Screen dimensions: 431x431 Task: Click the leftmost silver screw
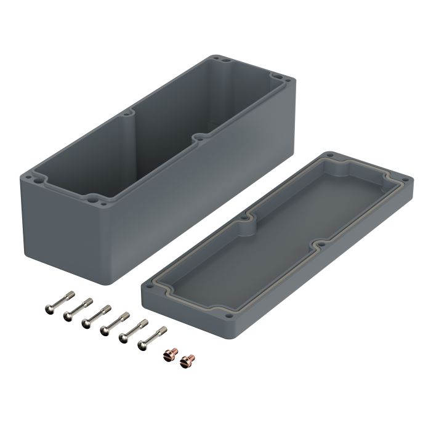pos(55,301)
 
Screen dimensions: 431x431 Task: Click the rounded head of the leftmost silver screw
pos(49,306)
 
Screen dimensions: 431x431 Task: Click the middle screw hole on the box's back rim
pos(132,115)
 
